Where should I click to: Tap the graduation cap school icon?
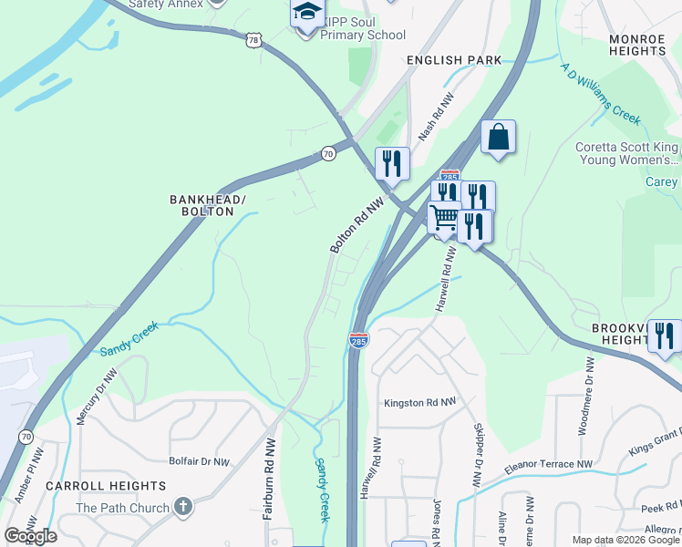pos(307,14)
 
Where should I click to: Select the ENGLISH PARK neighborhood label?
pos(454,60)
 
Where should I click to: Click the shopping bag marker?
pos(498,137)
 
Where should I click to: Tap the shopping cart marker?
pos(444,219)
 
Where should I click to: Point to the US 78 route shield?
pos(253,39)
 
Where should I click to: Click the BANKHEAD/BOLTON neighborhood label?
pos(201,205)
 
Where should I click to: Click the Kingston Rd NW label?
pos(418,402)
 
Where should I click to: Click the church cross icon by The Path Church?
pos(182,507)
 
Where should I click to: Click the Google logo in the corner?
pos(30,536)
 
